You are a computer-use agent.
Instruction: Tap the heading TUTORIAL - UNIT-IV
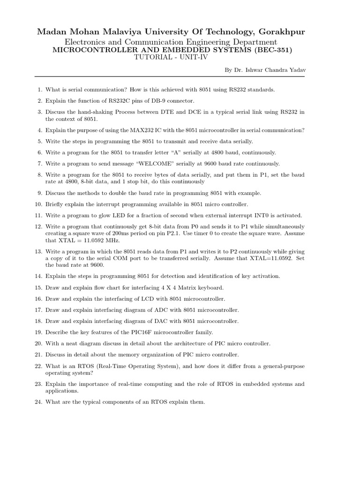click(170, 58)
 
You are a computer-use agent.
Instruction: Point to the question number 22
click(38, 366)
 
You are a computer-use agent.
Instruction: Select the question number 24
click(38, 402)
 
